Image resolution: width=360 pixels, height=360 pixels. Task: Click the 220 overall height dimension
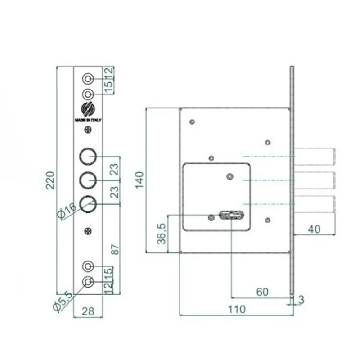50,180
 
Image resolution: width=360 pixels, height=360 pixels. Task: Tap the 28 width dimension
88,311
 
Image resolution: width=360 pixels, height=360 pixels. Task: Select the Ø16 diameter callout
67,210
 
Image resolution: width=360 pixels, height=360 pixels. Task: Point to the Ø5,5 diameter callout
63,301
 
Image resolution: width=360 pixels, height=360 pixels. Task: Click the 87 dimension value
115,249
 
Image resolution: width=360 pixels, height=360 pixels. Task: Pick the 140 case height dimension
139,180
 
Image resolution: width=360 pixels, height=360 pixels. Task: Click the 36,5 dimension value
162,234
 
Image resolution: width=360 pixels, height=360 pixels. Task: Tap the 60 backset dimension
262,292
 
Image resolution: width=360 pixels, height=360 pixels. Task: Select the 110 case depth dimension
237,310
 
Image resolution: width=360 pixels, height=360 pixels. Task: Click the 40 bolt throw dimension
314,229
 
